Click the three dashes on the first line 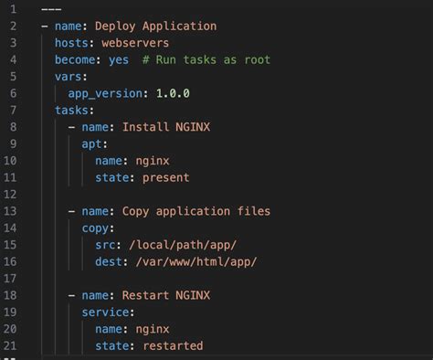51,9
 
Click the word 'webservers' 136,43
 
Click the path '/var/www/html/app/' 196,261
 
